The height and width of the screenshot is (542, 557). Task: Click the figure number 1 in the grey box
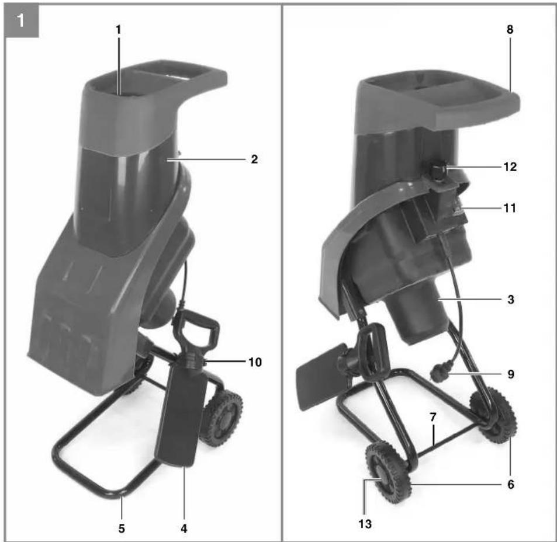click(x=20, y=20)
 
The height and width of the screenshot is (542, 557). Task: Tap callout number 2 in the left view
click(x=254, y=159)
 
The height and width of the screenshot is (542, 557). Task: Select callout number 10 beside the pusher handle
click(x=255, y=362)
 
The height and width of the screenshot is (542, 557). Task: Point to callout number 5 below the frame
click(x=122, y=529)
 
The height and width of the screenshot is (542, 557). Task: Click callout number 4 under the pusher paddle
click(x=184, y=529)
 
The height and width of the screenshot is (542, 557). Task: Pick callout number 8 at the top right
click(x=510, y=29)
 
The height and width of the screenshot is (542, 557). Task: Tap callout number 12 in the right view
click(x=510, y=166)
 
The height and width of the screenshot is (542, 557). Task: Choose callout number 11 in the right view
click(x=510, y=208)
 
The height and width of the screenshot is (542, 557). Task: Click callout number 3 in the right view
click(x=511, y=299)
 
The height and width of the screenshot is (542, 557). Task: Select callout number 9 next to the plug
click(x=511, y=374)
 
